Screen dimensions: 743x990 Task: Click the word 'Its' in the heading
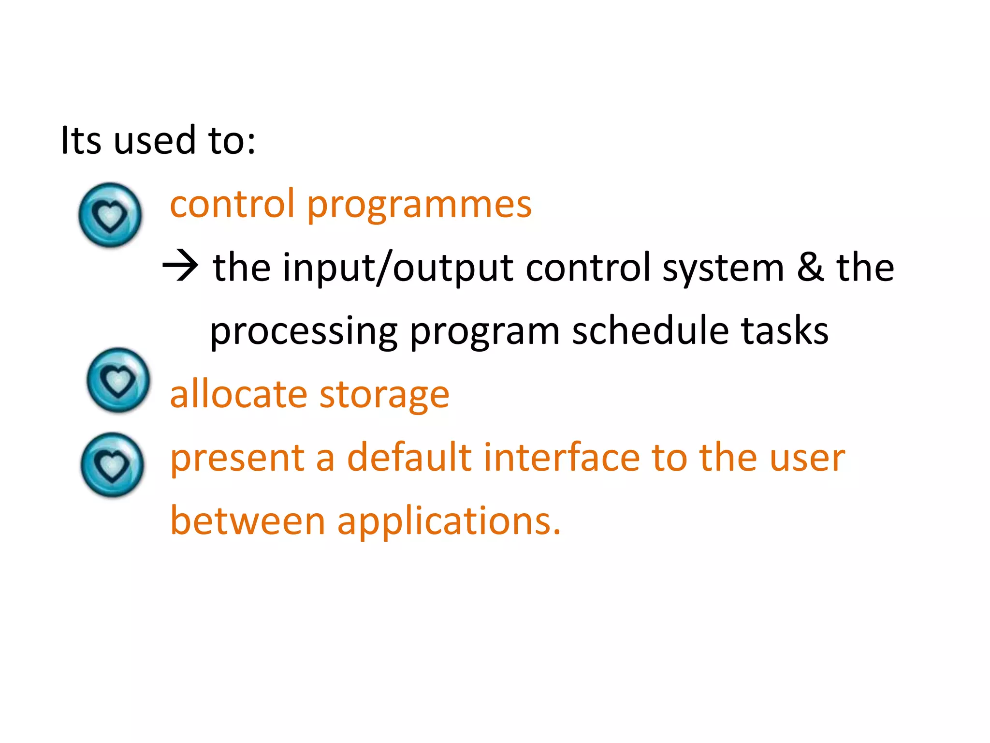(x=81, y=140)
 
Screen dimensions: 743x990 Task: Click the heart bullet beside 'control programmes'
(x=110, y=215)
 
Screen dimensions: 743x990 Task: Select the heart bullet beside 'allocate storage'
(x=118, y=380)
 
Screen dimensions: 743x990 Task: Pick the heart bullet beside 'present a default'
(x=112, y=464)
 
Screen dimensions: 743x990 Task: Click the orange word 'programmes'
(x=419, y=206)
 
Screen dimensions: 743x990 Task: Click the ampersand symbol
(x=810, y=267)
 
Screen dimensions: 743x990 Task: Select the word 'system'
(x=723, y=268)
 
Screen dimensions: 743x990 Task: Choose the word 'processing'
(x=304, y=332)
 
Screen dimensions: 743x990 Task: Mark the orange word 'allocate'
(x=238, y=394)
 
